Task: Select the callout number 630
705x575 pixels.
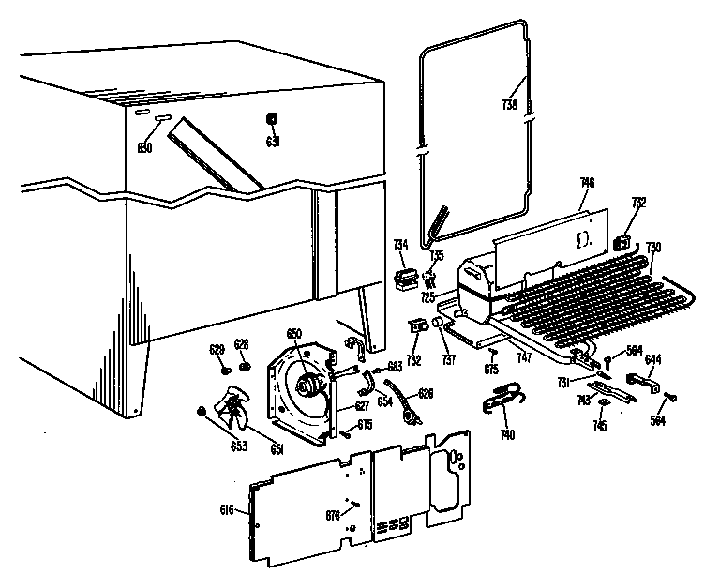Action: tap(144, 147)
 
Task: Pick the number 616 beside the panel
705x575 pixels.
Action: tap(227, 509)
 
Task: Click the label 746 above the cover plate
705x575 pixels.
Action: tap(588, 181)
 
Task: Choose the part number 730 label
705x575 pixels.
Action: tap(652, 247)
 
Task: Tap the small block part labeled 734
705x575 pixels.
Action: tap(406, 278)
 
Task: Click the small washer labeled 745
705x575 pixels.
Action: tap(603, 405)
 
